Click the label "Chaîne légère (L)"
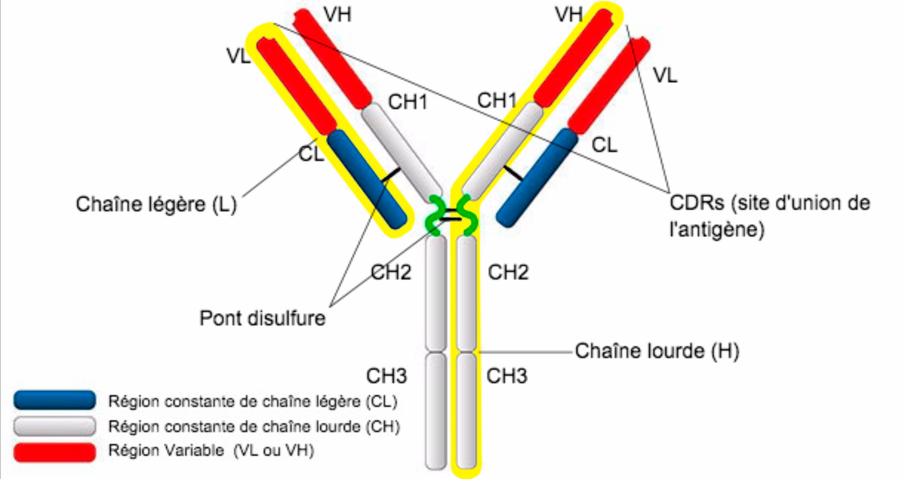click(156, 204)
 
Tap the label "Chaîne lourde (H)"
click(657, 352)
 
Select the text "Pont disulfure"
click(262, 318)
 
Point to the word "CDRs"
click(697, 203)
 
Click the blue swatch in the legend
click(55, 400)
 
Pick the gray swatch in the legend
click(55, 426)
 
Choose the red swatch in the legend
click(55, 451)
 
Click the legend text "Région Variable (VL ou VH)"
click(211, 451)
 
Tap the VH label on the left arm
click(338, 14)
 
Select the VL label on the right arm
click(665, 75)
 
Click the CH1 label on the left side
click(408, 102)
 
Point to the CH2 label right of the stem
click(508, 272)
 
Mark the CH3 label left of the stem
click(386, 376)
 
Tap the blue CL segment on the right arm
click(537, 177)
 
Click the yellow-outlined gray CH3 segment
click(466, 409)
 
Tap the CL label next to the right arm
click(604, 145)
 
